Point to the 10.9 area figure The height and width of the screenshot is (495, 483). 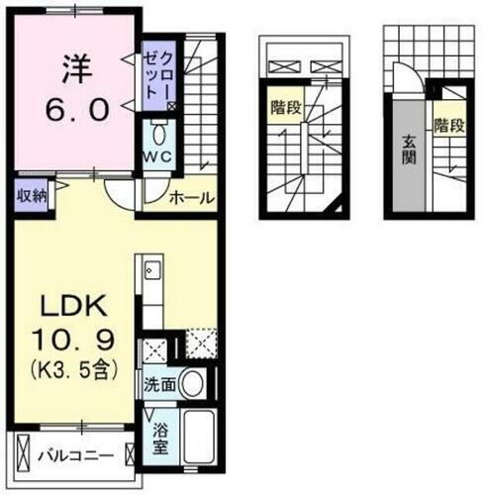click(72, 343)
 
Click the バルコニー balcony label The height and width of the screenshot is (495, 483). click(74, 456)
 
